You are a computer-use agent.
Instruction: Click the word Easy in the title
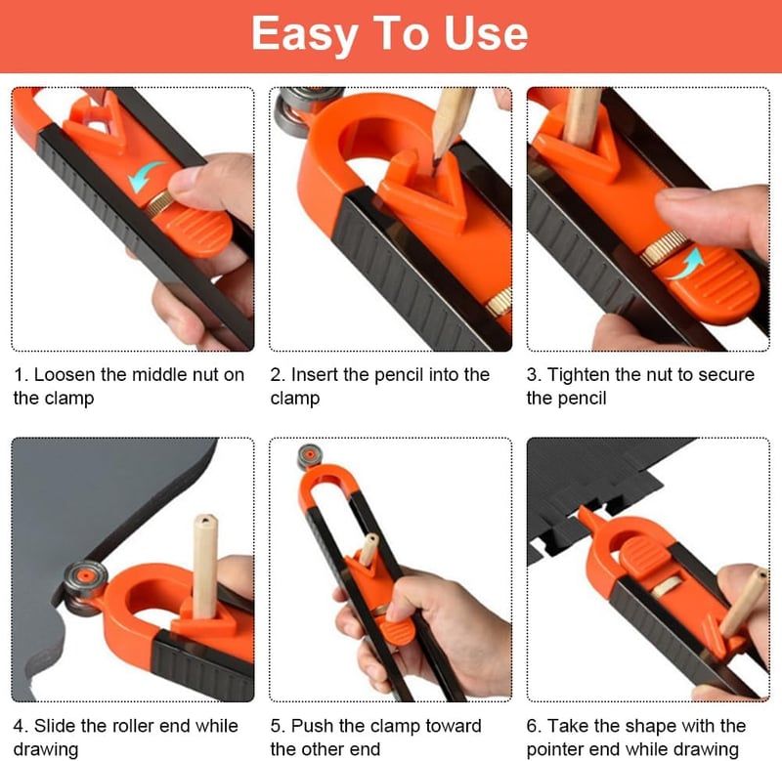(305, 34)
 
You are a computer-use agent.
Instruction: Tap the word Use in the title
(486, 33)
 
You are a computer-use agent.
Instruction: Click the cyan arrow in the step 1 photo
(145, 176)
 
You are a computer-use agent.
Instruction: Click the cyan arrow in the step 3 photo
(687, 264)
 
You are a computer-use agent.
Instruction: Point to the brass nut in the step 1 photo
(159, 203)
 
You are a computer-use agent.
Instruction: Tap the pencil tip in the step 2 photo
(436, 163)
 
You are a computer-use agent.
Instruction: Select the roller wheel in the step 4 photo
(85, 587)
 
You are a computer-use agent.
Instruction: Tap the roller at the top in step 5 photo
(309, 456)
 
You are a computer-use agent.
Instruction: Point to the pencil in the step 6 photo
(743, 604)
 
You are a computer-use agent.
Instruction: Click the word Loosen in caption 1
(65, 375)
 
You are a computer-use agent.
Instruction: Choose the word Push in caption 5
(312, 726)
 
